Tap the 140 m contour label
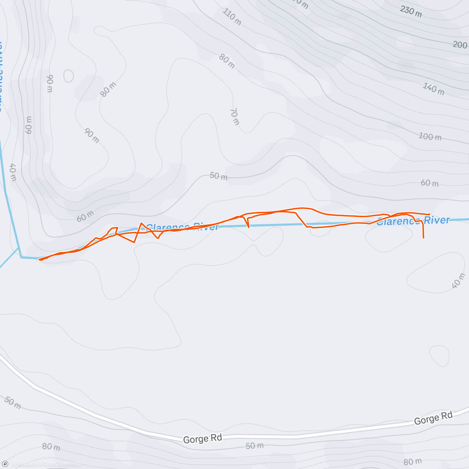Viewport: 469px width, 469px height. [433, 89]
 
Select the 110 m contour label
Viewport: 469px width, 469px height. [232, 17]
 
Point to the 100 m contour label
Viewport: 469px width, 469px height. [430, 136]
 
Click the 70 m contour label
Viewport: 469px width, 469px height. [234, 117]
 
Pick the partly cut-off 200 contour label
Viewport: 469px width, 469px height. [460, 45]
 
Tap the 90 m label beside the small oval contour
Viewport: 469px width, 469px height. [49, 83]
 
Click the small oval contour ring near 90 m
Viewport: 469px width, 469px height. [68, 76]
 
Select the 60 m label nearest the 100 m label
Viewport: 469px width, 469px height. [430, 183]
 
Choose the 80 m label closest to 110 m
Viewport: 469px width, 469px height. [227, 61]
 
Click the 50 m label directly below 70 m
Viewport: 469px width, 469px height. [218, 176]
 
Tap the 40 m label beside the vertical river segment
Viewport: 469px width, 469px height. [13, 172]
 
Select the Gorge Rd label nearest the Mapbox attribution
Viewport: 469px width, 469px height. [202, 439]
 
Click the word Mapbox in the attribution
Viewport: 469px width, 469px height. [27, 464]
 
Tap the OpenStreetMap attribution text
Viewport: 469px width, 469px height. [62, 464]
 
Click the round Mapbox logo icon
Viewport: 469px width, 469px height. [5, 464]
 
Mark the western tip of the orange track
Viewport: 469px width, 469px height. [39, 260]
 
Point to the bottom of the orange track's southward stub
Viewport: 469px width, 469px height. [423, 238]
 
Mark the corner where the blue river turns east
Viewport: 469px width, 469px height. [21, 257]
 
